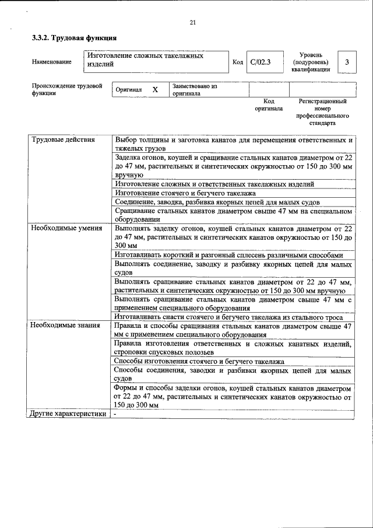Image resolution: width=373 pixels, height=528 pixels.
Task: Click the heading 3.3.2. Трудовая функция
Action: click(74, 38)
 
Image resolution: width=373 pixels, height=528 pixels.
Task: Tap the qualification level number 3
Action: click(347, 62)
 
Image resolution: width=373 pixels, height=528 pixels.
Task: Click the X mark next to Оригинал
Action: click(155, 90)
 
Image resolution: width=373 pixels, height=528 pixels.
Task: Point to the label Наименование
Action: click(52, 62)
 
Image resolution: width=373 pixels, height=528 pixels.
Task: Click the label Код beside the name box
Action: click(237, 62)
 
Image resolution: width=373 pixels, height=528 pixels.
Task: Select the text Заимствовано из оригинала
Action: click(194, 89)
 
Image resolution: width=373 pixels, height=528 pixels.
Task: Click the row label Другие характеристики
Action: click(68, 414)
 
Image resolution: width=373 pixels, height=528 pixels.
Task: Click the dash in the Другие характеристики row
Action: click(116, 414)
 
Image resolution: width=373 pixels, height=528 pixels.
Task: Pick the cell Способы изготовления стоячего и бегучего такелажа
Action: click(199, 361)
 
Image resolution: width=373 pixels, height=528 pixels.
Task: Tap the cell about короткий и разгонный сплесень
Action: click(228, 255)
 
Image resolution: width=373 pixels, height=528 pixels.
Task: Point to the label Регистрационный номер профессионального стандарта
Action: click(322, 113)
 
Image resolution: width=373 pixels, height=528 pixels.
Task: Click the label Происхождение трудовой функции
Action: click(66, 89)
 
